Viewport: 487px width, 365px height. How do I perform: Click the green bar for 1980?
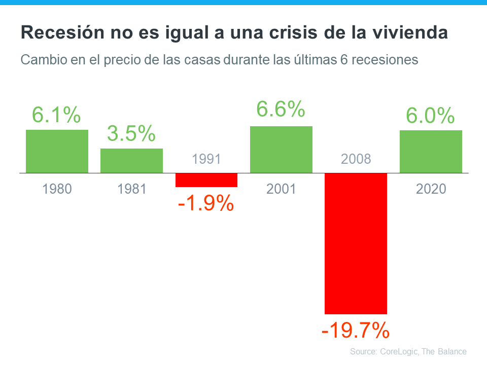coord(57,151)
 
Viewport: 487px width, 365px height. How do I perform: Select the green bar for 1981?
coord(131,160)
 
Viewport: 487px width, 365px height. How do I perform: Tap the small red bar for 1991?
coord(206,180)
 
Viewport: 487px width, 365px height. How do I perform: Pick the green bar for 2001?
coord(281,149)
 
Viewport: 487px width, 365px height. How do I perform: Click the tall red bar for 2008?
coord(356,243)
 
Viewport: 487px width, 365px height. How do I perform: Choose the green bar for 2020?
coord(431,151)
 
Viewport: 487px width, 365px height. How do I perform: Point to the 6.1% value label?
coord(56,115)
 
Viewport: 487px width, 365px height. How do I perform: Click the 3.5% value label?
coord(131,134)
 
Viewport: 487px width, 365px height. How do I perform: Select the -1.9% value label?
coord(205,204)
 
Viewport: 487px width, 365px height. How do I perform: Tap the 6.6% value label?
coord(281,109)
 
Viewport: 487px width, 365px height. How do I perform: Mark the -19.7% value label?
coord(356,331)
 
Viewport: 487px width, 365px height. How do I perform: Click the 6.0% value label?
coord(430,116)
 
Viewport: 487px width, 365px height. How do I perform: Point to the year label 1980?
coord(57,189)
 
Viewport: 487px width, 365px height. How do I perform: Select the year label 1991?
coord(206,159)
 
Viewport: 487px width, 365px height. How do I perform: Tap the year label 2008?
coord(356,159)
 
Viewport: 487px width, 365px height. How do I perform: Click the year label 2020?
coord(431,189)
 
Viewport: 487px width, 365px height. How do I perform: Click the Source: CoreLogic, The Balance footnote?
coord(408,351)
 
